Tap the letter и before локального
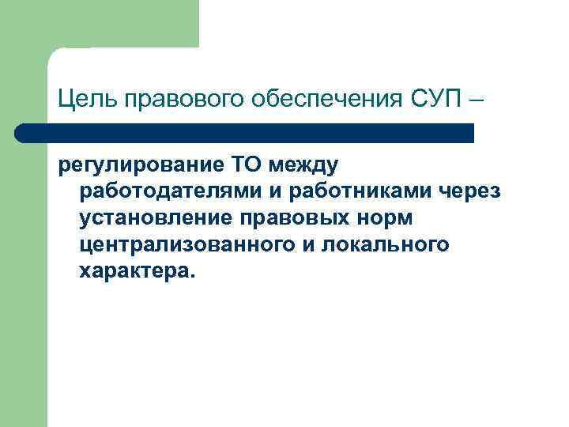[x=309, y=245]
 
